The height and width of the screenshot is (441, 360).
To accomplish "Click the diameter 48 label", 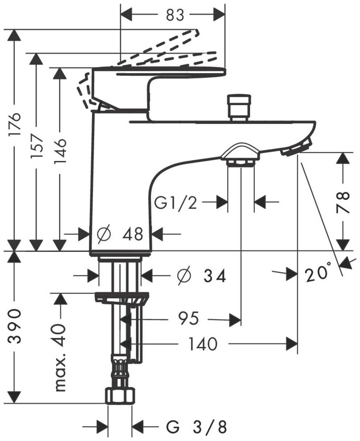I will point(121,234).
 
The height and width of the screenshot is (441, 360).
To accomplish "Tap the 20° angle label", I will point(318,275).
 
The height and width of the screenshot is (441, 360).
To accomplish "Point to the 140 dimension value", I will point(202,343).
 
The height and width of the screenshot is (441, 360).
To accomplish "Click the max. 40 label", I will point(60,358).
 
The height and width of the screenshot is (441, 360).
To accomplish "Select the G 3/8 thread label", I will point(197,427).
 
